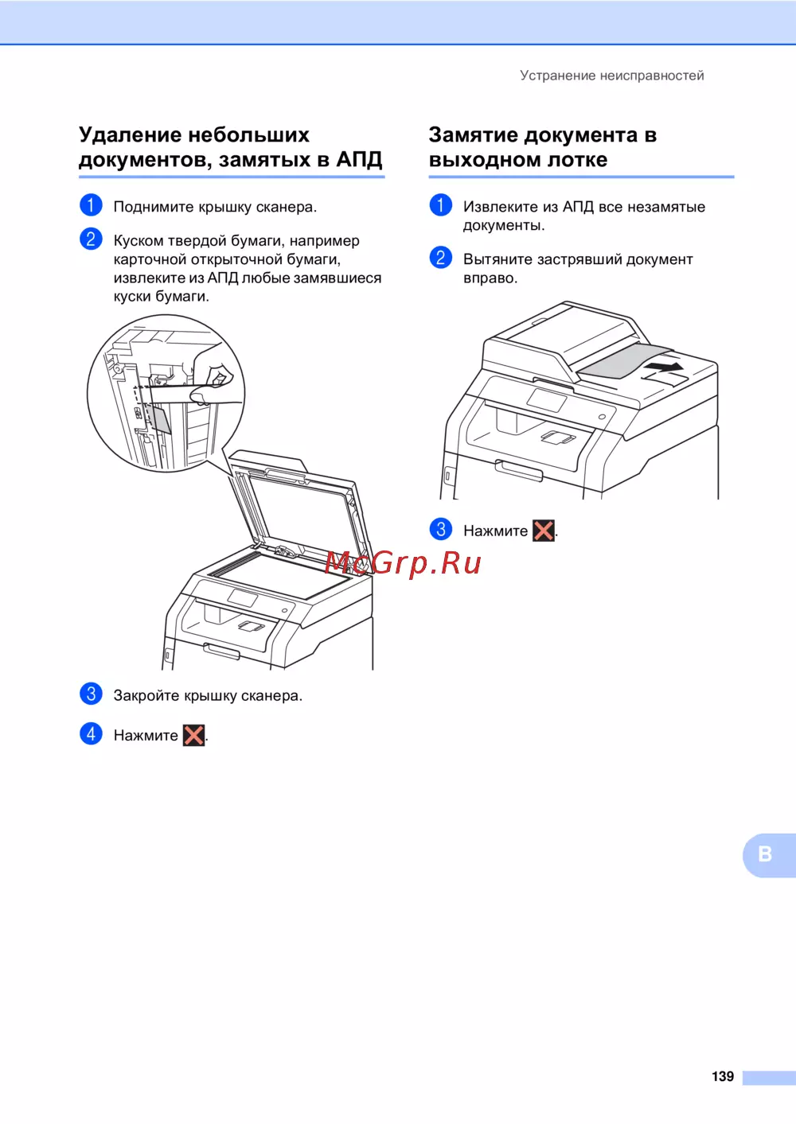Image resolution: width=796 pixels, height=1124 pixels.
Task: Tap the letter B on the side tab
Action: (x=764, y=854)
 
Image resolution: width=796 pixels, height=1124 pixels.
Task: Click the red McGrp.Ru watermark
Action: (x=403, y=563)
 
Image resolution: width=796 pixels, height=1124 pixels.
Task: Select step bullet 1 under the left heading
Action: (x=91, y=205)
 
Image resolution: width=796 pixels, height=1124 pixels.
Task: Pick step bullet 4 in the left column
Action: (x=91, y=734)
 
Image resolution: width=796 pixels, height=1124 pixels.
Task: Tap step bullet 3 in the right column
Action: (x=440, y=529)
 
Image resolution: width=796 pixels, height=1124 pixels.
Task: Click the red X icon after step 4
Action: (x=194, y=736)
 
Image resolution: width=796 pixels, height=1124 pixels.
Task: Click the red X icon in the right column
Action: (x=544, y=531)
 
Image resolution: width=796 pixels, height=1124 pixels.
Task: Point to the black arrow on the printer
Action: (x=664, y=368)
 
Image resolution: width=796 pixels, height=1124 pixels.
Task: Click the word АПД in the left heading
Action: (x=359, y=159)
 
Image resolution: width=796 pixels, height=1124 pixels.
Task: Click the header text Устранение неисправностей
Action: (x=611, y=76)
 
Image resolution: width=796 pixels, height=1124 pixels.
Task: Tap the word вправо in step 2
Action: (x=490, y=278)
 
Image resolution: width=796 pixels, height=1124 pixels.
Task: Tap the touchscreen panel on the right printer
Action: (x=546, y=400)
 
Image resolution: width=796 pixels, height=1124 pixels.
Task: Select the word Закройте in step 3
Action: (x=146, y=695)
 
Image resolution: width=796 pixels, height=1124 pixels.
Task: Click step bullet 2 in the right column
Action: (x=440, y=258)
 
